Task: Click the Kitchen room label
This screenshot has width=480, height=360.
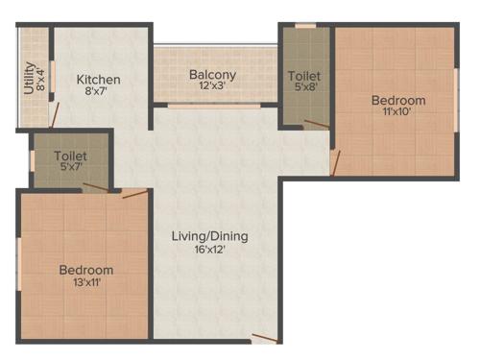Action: (x=98, y=80)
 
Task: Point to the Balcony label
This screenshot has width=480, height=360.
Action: (x=213, y=75)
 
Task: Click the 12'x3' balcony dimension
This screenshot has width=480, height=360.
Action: (x=213, y=87)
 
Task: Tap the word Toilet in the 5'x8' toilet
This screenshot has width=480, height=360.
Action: (x=304, y=75)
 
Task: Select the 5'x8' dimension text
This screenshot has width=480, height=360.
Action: (x=304, y=87)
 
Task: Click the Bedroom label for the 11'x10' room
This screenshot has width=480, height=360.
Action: (x=398, y=101)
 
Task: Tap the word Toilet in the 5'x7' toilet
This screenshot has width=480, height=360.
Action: (x=71, y=154)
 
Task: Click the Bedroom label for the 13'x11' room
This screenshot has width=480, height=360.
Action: (x=85, y=270)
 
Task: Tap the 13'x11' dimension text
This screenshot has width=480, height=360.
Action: (x=85, y=283)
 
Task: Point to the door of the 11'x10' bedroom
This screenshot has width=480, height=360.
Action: (x=334, y=162)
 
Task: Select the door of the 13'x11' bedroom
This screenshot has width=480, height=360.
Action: (x=134, y=195)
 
